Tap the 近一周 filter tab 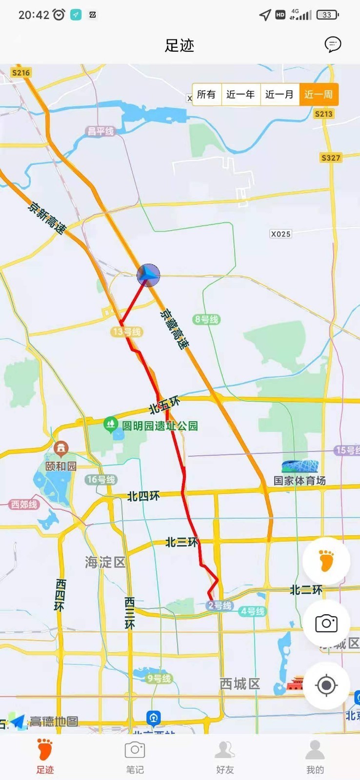pos(319,94)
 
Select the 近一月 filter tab pos(280,94)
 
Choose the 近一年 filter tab pos(240,94)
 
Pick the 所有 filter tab pos(206,94)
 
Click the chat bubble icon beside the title pos(333,44)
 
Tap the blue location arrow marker pos(148,275)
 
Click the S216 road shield pos(21,73)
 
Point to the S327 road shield pos(331,157)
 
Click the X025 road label pos(280,234)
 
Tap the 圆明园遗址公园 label pos(160,426)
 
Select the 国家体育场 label pos(300,481)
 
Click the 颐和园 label pos(61,466)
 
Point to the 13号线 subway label pos(127,332)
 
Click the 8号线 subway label pos(206,319)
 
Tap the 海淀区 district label pos(105,563)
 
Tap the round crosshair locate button pos(326,685)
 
